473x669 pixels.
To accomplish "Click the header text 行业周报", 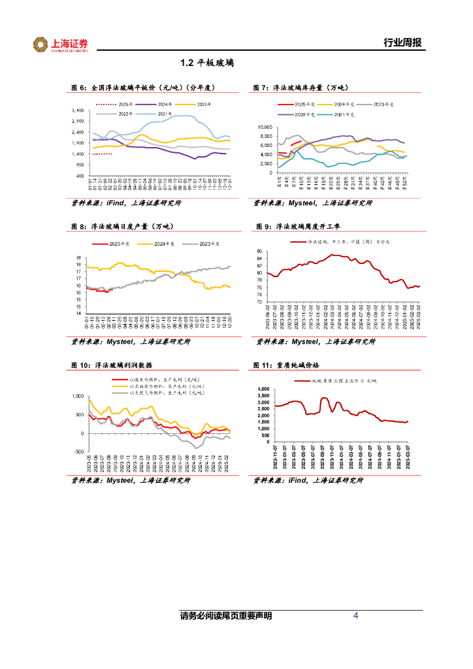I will [x=402, y=43].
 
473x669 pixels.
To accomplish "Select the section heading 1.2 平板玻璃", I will [x=206, y=63].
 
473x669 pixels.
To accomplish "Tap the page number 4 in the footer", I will [x=355, y=615].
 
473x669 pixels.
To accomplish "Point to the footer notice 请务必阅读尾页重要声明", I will [x=225, y=616].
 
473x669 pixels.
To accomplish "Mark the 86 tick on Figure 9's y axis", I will [x=259, y=251].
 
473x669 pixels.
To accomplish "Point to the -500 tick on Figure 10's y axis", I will [x=78, y=451].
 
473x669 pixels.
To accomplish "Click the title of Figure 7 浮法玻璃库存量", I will [x=301, y=88].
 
